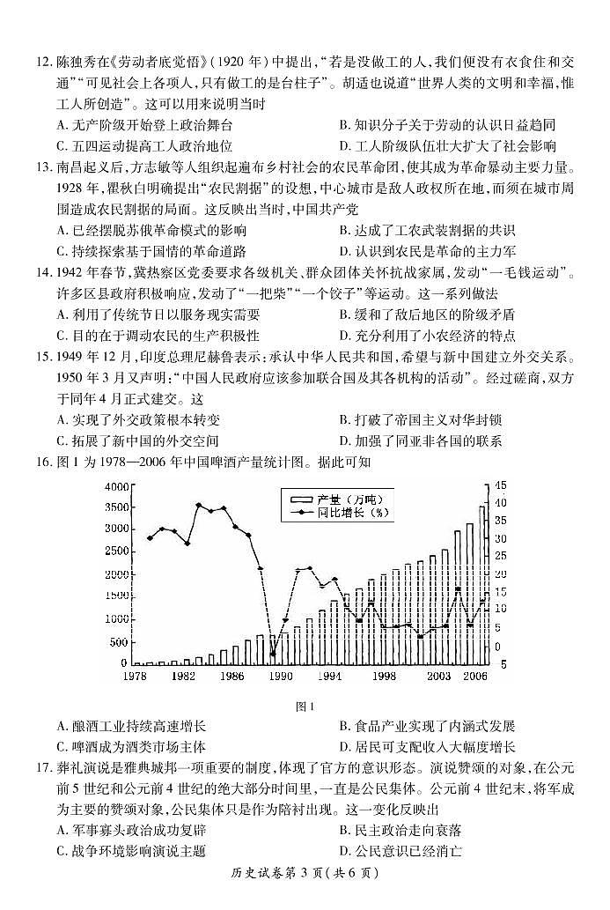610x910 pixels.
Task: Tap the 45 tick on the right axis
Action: point(499,485)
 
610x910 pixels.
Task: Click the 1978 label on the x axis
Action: point(134,677)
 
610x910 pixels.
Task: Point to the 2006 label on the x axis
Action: point(476,677)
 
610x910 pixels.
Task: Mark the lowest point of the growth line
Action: point(273,655)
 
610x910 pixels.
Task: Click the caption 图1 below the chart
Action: point(305,706)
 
